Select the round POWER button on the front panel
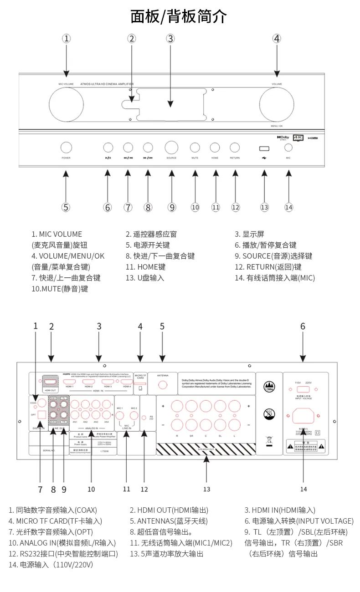(x=66, y=147)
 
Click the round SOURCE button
(x=171, y=147)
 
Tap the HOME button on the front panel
(x=215, y=147)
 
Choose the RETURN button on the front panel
(x=235, y=147)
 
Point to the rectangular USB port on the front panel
(x=264, y=148)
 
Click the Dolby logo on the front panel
(x=283, y=137)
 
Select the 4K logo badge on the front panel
(x=298, y=137)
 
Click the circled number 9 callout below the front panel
(x=172, y=207)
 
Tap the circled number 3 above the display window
(x=170, y=39)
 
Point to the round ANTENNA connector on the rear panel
(x=163, y=385)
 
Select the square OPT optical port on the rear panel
(x=41, y=415)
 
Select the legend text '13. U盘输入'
(x=145, y=278)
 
